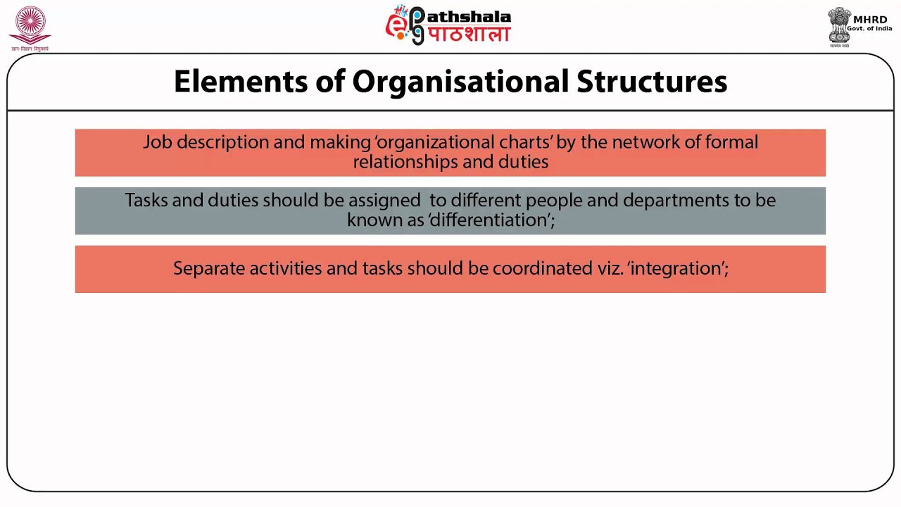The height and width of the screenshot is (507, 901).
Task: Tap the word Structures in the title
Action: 652,82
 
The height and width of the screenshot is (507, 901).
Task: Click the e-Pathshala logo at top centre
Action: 448,25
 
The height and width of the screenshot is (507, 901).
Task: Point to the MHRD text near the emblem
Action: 870,20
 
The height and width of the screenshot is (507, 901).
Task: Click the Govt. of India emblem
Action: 838,27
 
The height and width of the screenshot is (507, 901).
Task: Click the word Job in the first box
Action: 157,142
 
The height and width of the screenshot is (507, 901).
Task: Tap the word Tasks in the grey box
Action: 146,200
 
